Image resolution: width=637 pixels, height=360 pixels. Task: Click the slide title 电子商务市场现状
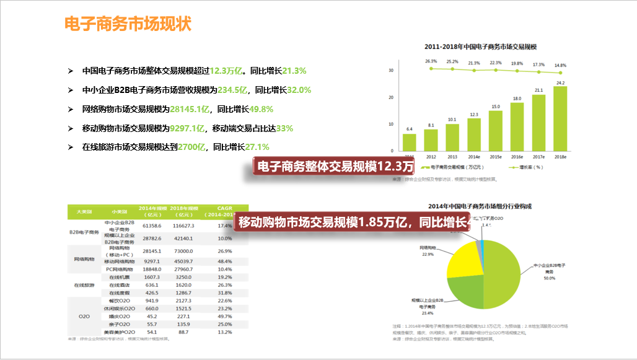(128, 24)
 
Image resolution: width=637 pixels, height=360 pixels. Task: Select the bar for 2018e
(560, 118)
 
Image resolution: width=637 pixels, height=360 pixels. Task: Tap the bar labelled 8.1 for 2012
(431, 139)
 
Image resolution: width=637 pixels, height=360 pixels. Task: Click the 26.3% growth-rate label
(431, 61)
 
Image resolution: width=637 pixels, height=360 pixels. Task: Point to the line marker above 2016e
(517, 71)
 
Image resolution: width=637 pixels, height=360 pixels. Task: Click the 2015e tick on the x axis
(496, 157)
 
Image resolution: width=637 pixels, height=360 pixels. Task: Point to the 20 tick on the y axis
(391, 97)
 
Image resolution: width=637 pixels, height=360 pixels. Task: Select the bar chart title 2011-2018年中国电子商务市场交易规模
(480, 47)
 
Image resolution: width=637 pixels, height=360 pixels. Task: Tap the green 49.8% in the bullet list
(261, 109)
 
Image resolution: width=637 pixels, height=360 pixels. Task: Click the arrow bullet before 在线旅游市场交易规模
(70, 147)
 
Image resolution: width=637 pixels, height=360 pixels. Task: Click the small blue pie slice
(480, 247)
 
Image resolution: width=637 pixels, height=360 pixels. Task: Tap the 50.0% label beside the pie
(549, 278)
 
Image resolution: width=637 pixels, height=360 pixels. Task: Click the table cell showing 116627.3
(184, 226)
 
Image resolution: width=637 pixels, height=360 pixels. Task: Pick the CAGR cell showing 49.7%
(224, 316)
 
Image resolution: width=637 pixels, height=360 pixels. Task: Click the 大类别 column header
(84, 211)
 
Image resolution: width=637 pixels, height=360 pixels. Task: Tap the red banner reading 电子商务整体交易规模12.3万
(335, 167)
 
